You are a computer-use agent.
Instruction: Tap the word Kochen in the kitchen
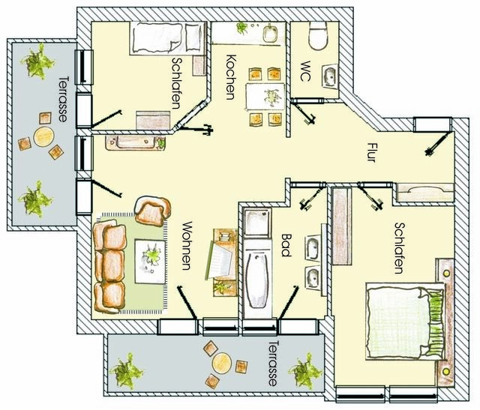tap(230, 77)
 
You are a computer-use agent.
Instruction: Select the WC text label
tap(305, 69)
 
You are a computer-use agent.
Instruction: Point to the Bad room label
tap(285, 244)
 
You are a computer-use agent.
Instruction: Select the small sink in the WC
tap(328, 76)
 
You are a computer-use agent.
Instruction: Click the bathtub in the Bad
tap(258, 280)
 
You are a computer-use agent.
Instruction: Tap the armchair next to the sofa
tap(151, 211)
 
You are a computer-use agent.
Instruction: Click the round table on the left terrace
tap(43, 137)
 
